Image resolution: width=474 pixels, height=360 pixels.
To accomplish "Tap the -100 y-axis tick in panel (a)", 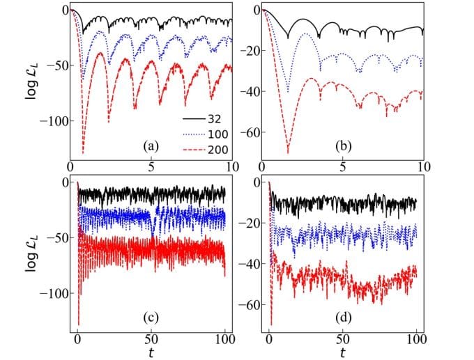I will (52, 121).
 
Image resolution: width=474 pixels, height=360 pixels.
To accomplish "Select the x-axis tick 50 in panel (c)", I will (151, 340).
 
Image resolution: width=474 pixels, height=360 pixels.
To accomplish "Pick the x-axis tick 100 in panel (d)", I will (415, 340).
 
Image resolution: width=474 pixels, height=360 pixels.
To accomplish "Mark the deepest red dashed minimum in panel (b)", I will (288, 153).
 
